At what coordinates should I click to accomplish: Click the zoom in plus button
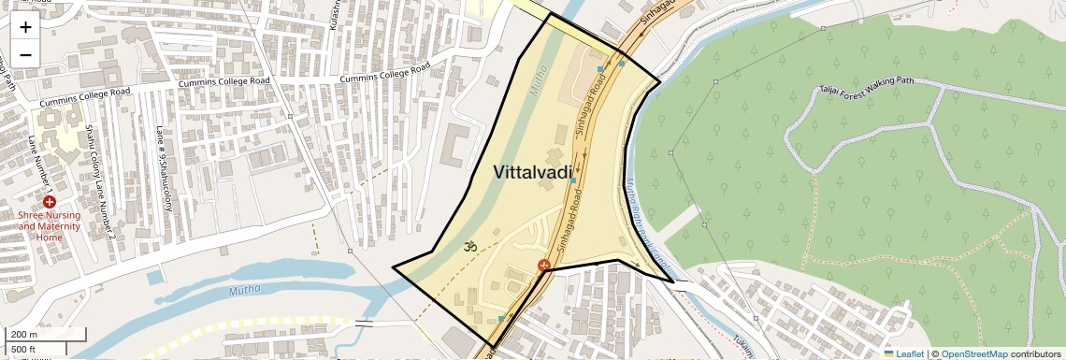coord(25,27)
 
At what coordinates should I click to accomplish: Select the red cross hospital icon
coord(49,202)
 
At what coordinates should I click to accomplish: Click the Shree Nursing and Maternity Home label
coord(50,225)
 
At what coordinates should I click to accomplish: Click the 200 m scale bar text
coord(24,335)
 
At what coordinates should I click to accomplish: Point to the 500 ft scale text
coord(24,350)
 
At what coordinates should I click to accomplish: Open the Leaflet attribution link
coord(903,353)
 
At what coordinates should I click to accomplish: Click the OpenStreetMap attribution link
coord(973,353)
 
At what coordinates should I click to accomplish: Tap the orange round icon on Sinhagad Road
coord(543,266)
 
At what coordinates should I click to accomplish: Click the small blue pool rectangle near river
coord(153,278)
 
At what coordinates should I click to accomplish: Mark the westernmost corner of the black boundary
coord(392,267)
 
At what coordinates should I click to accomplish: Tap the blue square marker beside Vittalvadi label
coord(573,181)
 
